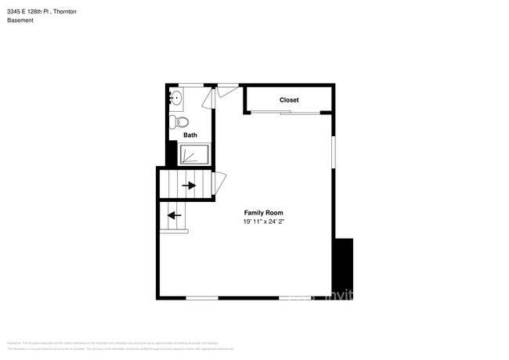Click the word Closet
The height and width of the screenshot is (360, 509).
[x=289, y=100]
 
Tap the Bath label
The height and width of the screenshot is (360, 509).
[x=190, y=135]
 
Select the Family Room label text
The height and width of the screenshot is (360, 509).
[x=263, y=213]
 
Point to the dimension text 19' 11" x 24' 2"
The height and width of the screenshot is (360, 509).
[x=263, y=221]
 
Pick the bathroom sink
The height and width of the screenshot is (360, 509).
[x=176, y=99]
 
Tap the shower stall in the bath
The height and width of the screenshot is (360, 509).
[x=195, y=154]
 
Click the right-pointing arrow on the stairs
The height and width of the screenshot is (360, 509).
[x=189, y=185]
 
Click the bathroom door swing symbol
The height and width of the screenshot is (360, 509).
[x=208, y=99]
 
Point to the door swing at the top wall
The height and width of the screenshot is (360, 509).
[x=227, y=90]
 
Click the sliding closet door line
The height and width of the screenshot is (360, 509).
[x=285, y=113]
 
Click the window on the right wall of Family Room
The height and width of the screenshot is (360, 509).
[x=334, y=151]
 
